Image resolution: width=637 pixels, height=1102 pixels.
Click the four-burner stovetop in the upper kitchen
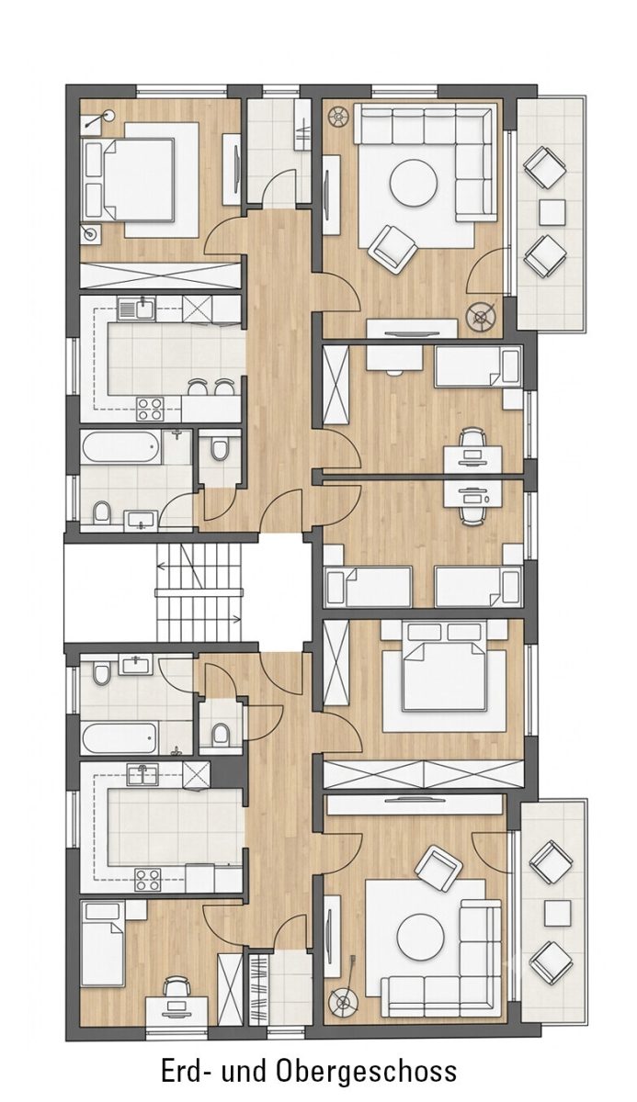click(x=150, y=409)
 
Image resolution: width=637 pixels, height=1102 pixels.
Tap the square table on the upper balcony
click(x=552, y=212)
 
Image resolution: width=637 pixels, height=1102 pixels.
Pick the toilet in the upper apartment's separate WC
click(x=219, y=449)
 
